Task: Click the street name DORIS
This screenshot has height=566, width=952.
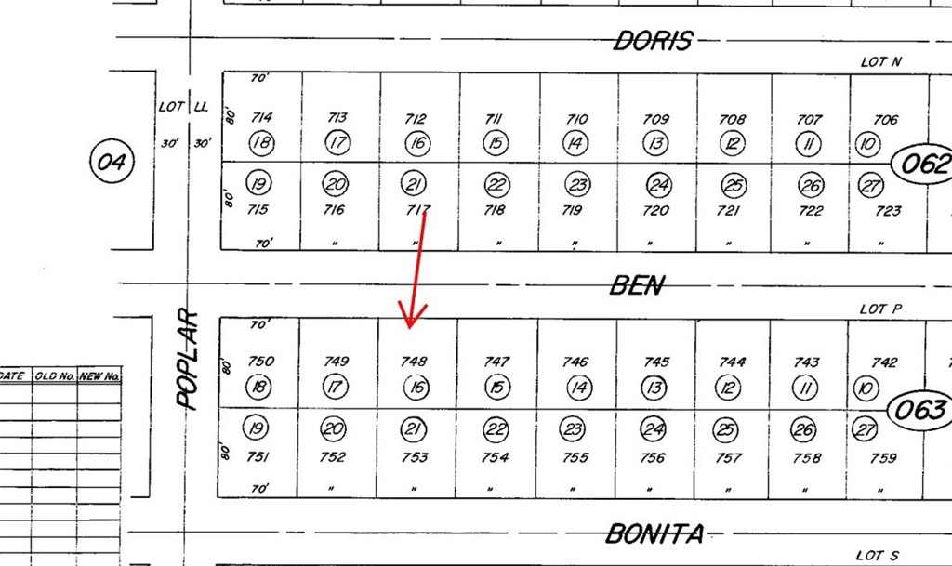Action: click(653, 41)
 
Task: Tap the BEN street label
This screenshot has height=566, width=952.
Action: click(638, 285)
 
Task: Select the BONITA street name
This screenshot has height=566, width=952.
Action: click(654, 533)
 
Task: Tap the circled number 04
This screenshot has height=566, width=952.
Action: click(112, 162)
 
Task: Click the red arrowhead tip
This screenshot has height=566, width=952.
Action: click(410, 328)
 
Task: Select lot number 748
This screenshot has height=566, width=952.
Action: click(414, 362)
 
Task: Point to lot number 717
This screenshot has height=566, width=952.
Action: click(417, 210)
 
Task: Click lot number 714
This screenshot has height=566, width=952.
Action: click(261, 117)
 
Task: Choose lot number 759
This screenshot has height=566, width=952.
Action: click(883, 458)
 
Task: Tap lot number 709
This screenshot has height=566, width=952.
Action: click(655, 119)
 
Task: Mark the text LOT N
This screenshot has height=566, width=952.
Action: click(881, 62)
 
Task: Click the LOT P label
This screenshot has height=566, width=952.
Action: click(880, 309)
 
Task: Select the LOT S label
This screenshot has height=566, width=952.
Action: click(878, 555)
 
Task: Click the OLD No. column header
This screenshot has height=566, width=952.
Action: click(55, 376)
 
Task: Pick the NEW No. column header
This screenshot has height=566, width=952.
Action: click(99, 376)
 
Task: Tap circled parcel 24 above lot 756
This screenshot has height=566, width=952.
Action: click(653, 429)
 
